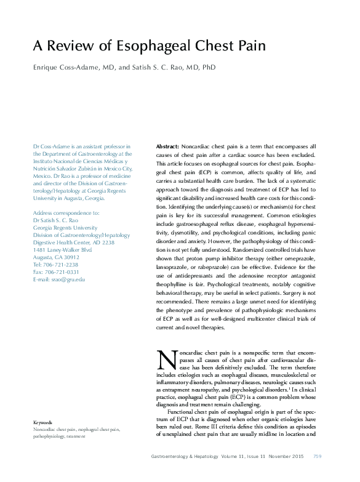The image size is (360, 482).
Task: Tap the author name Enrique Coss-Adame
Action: click(63, 67)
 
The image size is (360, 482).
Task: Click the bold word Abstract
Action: click(167, 147)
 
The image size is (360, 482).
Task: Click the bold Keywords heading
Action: click(43, 422)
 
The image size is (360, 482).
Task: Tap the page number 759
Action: click(318, 456)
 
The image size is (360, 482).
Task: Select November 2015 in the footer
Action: click(287, 456)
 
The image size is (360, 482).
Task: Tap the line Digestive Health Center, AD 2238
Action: click(73, 243)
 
